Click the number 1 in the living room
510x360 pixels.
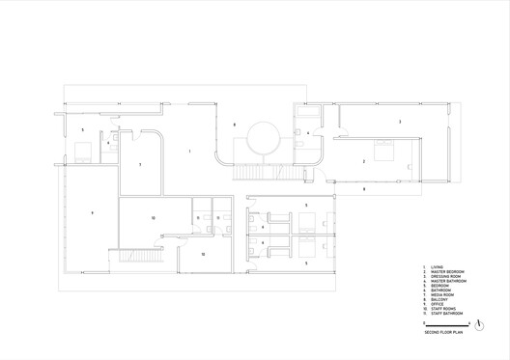(x=189, y=152)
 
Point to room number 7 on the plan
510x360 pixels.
(x=141, y=165)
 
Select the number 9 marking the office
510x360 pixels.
(x=83, y=129)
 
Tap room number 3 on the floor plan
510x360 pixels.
(x=399, y=122)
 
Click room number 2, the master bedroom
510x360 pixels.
(x=363, y=161)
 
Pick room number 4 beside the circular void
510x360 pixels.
(x=308, y=132)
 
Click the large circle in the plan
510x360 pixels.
(x=263, y=141)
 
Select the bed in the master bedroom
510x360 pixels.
(x=379, y=150)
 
